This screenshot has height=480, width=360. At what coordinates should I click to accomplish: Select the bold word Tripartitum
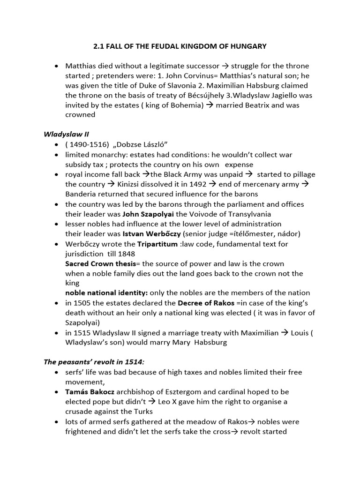point(157,244)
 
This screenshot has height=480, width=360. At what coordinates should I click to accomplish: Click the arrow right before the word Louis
point(284,333)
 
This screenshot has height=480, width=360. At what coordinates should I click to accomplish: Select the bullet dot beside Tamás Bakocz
point(57,391)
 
